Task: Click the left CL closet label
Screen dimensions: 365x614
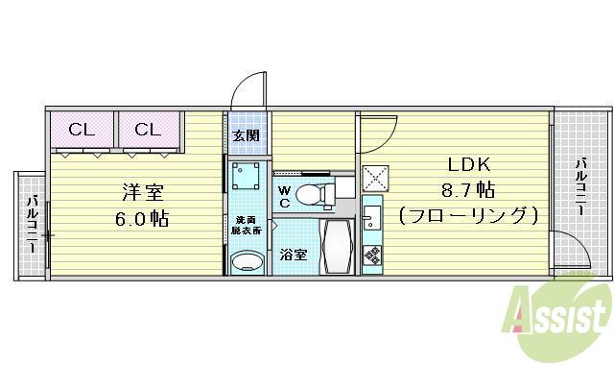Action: [81, 130]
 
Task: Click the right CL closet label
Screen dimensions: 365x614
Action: [147, 130]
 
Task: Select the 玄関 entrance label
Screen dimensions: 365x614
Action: [246, 135]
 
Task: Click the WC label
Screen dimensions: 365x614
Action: [284, 196]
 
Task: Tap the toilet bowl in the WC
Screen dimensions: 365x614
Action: [312, 195]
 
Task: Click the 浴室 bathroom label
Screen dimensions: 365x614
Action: [294, 255]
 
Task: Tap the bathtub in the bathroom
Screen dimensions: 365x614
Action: [337, 248]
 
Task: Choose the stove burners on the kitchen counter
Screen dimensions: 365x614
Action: [372, 255]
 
